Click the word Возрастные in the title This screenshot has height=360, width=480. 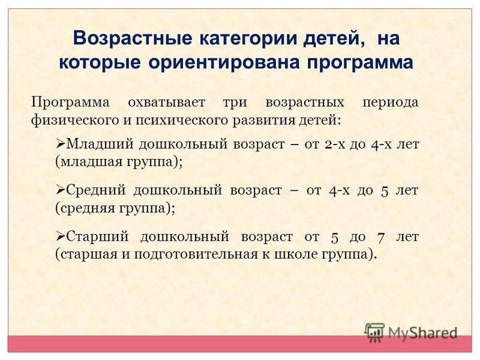[133, 39]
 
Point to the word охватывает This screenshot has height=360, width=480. [167, 102]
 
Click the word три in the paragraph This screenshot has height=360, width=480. [235, 103]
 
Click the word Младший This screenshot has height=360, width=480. [100, 144]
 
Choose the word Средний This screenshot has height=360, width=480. [96, 190]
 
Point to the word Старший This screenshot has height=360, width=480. [98, 237]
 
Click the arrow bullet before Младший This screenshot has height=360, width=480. [61, 143]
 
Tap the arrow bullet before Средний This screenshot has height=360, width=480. [61, 190]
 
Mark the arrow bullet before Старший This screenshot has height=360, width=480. [61, 236]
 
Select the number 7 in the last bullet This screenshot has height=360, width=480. [380, 238]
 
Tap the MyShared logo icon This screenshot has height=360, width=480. [374, 332]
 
